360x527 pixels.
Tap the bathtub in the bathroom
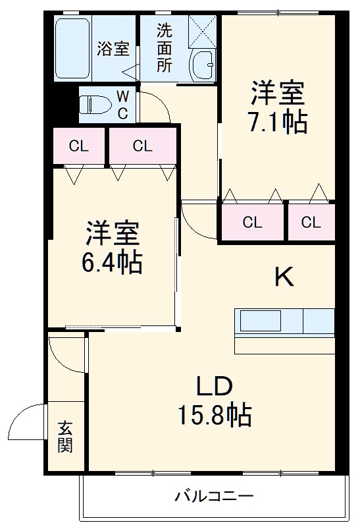73,49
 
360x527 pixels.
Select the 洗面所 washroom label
164,48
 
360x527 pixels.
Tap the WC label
123,104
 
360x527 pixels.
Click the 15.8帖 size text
214,414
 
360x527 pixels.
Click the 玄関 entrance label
64,437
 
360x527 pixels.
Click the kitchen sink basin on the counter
261,321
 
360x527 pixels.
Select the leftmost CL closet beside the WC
78,146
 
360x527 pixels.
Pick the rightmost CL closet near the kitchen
311,223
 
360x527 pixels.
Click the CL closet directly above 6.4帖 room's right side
142,146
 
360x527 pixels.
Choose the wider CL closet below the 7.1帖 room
252,223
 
